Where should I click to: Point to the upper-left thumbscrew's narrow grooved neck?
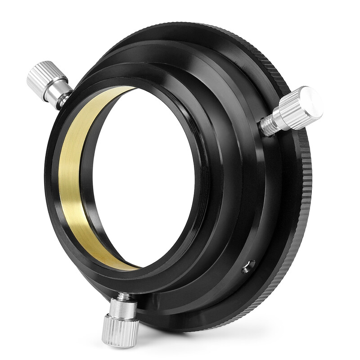click(x=66, y=99)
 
